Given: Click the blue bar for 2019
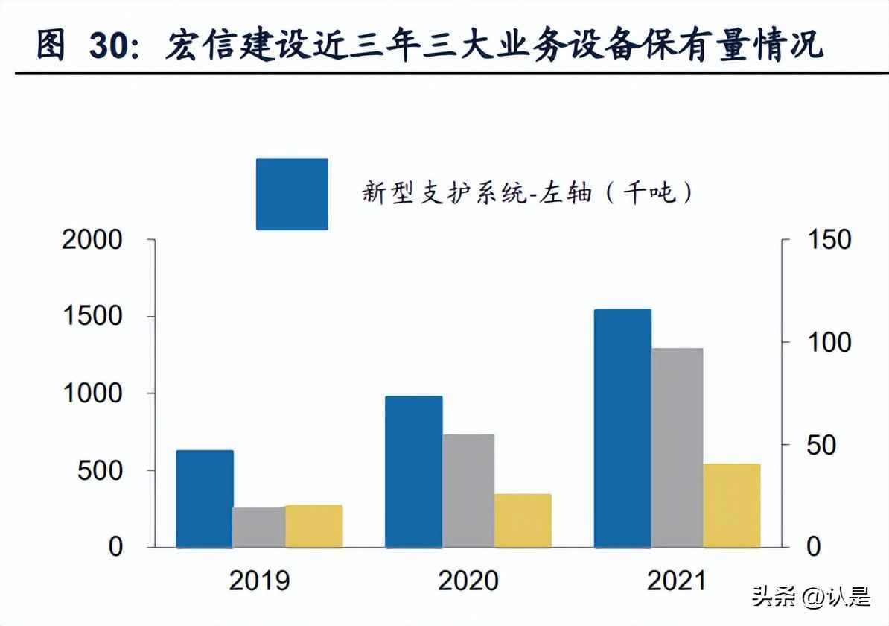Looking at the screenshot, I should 205,499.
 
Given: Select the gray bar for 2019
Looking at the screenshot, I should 259,527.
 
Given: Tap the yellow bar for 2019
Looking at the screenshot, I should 313,526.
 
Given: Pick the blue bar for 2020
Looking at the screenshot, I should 414,472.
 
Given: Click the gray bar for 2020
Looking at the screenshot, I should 468,490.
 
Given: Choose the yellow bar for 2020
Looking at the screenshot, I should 523,520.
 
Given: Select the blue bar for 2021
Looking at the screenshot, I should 623,429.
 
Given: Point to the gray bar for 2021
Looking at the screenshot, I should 677,447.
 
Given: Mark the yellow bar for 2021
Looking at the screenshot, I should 731,505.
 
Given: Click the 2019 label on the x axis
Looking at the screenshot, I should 259,581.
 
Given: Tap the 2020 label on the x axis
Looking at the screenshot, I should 468,581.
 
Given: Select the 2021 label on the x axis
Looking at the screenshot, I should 677,581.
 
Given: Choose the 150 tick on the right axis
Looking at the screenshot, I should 826,240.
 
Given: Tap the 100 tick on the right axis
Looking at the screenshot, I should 826,343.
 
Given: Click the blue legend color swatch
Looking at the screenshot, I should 292,194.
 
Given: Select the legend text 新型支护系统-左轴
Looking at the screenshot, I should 477,194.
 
